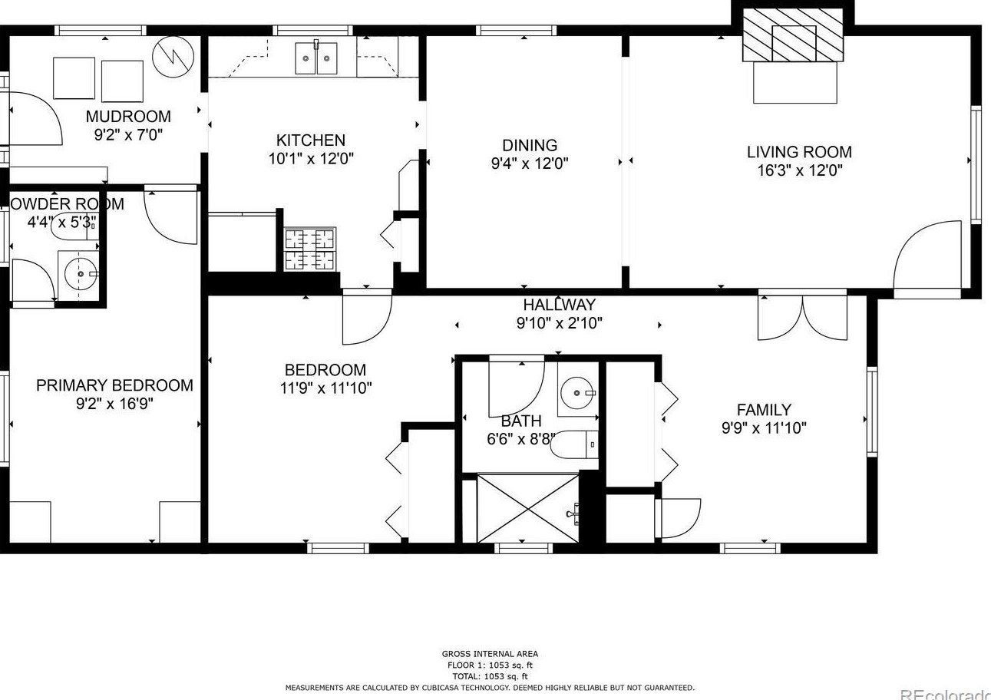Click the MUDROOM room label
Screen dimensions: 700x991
tap(127, 117)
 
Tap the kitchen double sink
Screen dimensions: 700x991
tap(316, 59)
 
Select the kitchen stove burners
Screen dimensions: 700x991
tap(310, 250)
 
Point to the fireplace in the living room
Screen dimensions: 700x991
tap(794, 45)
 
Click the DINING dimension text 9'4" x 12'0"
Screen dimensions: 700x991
tap(530, 163)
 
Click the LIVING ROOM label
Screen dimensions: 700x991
tap(799, 152)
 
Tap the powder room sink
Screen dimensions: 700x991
tap(80, 273)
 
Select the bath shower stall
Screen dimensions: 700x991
tap(527, 508)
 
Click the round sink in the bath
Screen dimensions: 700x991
tap(576, 395)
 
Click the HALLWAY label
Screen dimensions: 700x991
tap(559, 305)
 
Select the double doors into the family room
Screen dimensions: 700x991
tap(802, 317)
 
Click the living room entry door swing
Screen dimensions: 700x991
tap(927, 256)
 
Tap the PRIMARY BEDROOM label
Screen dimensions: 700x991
tap(114, 385)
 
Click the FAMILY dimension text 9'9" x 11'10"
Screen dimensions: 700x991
tap(763, 428)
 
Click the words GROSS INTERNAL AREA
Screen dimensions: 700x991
tap(490, 654)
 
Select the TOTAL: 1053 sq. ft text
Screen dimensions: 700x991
tap(490, 676)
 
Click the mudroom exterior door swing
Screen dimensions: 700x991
tap(35, 118)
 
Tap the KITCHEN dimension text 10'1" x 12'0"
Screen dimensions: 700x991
tap(310, 159)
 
